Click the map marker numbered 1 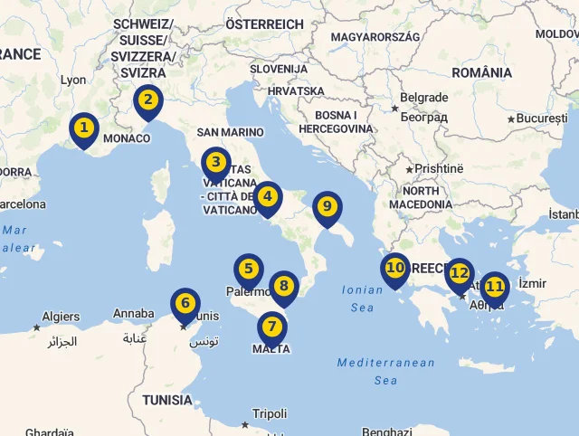tap(83, 128)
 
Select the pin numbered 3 tap(215, 164)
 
